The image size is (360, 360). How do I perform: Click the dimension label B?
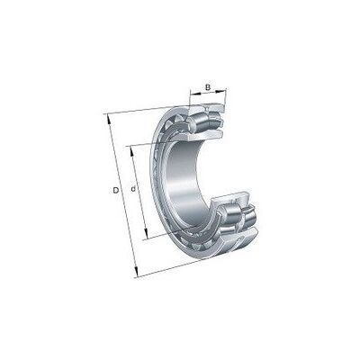coord(208,87)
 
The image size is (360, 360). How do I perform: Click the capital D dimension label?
coord(115,190)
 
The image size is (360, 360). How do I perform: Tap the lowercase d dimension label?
coord(134,189)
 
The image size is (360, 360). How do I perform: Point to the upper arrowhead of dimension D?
coord(109,119)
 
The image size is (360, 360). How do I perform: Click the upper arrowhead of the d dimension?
coord(131,151)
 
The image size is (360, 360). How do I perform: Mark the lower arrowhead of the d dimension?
coord(146,233)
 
